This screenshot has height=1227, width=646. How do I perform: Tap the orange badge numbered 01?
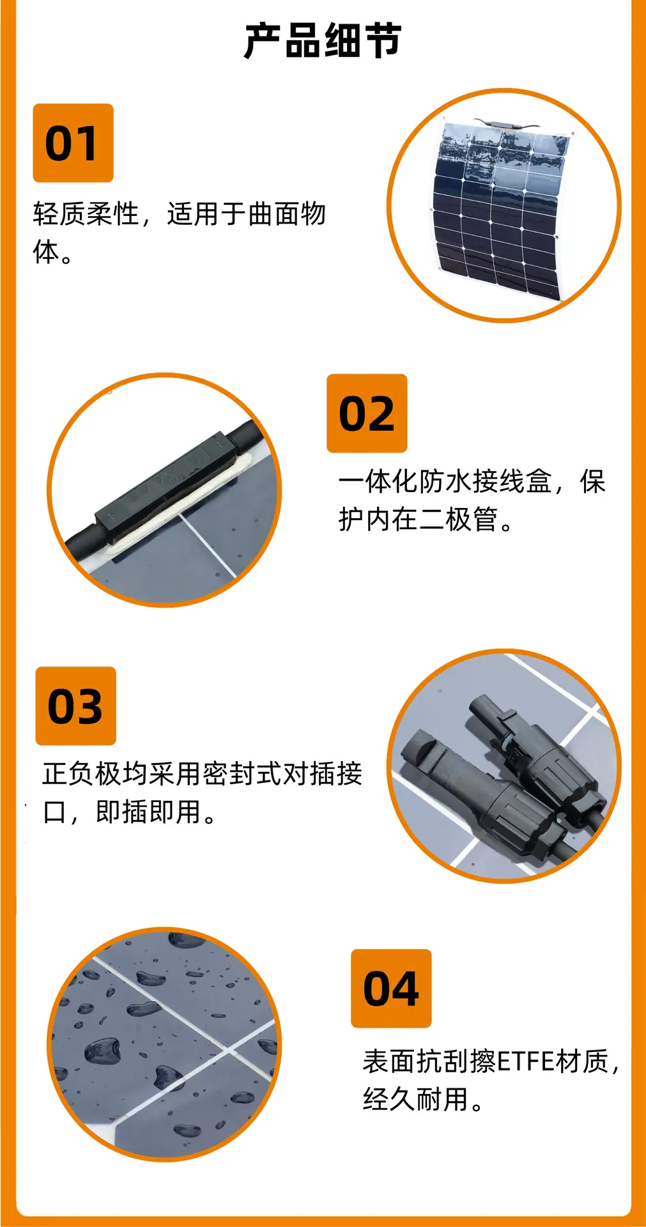point(73,143)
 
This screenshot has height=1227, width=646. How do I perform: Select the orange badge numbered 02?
point(367,413)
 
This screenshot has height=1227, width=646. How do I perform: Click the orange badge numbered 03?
point(75,706)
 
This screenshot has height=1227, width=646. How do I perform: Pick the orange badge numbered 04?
point(391,989)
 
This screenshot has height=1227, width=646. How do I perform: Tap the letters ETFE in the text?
point(525,1061)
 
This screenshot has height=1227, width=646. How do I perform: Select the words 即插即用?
point(148,812)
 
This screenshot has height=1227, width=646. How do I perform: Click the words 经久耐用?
point(415,1099)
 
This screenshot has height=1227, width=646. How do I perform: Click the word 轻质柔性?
point(86,213)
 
